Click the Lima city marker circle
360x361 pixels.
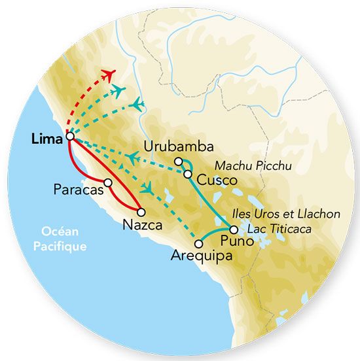(70, 137)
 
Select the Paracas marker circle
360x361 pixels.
(107, 182)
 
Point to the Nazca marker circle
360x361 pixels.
(140, 211)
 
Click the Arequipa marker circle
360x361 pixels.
(199, 244)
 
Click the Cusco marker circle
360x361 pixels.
(188, 174)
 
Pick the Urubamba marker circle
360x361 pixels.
(178, 162)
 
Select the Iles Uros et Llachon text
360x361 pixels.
(286, 214)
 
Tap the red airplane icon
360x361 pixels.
(108, 71)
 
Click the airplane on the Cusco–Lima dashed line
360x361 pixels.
(132, 158)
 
